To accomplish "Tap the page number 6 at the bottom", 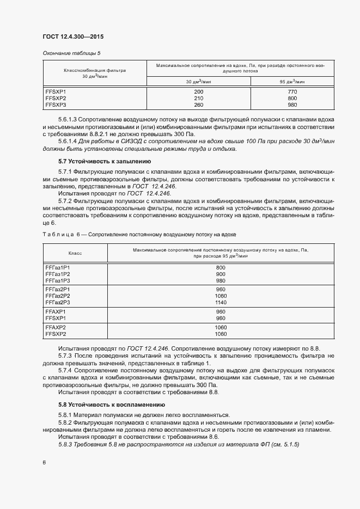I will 44,463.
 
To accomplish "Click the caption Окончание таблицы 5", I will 71,53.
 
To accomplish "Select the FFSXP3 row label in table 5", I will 56,105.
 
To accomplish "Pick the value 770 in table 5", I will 292,91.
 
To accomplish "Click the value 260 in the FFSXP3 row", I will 198,105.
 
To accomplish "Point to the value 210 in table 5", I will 198,98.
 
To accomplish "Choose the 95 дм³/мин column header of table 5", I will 292,82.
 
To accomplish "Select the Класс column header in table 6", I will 75,253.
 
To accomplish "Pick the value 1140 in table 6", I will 221,302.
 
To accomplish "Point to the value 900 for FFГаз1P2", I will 221,274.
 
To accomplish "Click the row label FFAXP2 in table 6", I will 56,327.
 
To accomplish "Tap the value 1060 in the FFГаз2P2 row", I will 221,296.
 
